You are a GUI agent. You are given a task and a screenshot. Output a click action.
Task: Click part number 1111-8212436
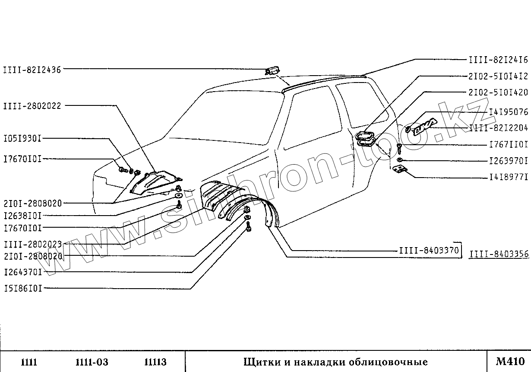point(32,69)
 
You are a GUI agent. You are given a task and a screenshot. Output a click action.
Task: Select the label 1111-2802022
point(32,105)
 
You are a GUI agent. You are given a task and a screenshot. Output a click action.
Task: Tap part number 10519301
point(22,139)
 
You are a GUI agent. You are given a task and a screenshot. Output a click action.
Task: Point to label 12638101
point(23,215)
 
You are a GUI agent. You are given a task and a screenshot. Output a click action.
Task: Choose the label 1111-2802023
point(32,244)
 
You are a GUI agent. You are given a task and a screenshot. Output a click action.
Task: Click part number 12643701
point(23,272)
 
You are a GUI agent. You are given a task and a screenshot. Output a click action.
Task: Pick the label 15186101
point(23,288)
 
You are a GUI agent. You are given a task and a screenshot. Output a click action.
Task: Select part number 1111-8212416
point(499,60)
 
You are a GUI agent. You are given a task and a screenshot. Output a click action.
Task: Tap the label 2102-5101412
point(499,76)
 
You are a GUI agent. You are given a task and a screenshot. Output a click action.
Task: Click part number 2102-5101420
point(499,92)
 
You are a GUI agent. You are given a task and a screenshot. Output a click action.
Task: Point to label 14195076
point(508,112)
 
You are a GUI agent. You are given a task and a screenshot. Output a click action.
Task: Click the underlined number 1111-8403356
point(499,254)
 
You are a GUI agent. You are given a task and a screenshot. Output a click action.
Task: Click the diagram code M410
point(510,361)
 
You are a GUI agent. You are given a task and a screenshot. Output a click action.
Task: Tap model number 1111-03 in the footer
point(92,362)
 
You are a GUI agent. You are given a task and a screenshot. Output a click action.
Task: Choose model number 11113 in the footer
point(155,362)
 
